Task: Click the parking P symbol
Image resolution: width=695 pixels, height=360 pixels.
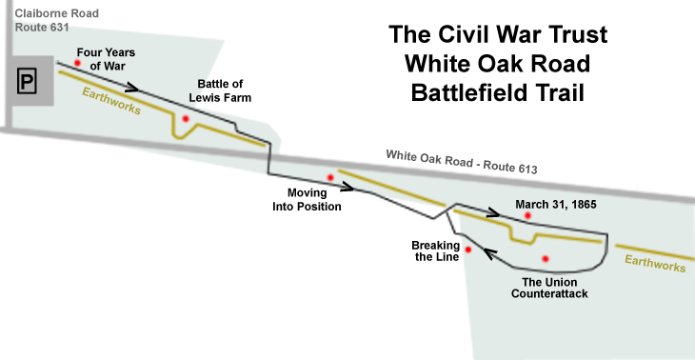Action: coord(27,83)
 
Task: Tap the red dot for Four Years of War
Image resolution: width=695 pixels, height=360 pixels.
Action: coord(92,64)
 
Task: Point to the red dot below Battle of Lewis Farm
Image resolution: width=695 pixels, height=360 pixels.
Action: coord(186,118)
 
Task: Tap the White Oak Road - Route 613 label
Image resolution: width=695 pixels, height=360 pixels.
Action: coord(462,161)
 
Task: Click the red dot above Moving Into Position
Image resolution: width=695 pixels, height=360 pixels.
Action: coord(330,177)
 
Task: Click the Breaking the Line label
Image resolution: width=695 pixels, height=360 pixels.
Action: coord(436,250)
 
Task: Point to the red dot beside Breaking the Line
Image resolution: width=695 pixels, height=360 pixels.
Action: coord(468,249)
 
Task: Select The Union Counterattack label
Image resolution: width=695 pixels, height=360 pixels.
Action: coord(549,288)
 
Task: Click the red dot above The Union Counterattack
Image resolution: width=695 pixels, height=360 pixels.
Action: coord(546,258)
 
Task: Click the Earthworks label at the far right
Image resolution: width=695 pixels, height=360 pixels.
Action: coord(655,262)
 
